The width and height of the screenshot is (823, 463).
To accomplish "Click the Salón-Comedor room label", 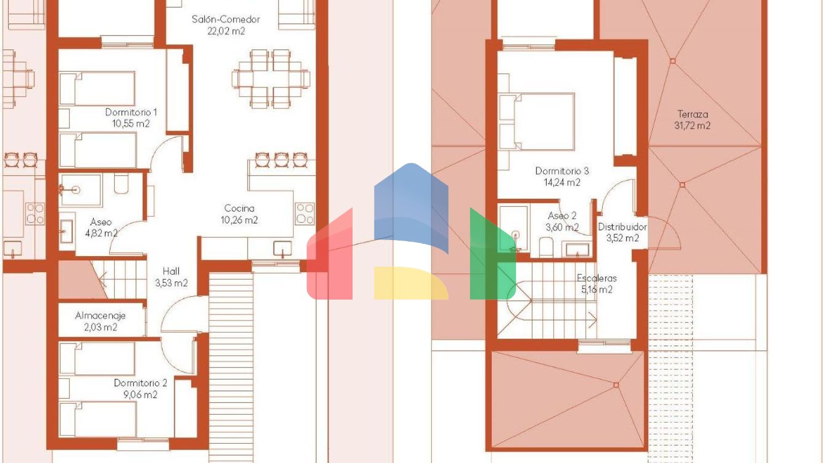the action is click(226, 19).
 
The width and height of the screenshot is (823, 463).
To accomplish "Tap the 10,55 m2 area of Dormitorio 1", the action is click(131, 123).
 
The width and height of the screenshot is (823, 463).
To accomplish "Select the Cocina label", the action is click(239, 208).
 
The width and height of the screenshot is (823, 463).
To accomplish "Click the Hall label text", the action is click(171, 271).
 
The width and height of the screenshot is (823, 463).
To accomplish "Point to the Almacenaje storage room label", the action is click(100, 316).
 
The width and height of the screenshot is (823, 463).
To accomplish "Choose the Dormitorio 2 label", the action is click(140, 383).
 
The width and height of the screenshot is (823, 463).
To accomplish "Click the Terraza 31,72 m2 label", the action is click(693, 120).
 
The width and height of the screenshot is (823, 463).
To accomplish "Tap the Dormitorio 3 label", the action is click(562, 171).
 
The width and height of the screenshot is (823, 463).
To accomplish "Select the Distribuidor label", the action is click(623, 227).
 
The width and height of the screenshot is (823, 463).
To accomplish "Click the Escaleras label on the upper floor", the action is click(597, 278).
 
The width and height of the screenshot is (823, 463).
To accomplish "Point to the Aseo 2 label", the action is click(562, 216).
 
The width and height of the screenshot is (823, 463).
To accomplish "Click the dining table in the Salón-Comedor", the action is click(271, 79).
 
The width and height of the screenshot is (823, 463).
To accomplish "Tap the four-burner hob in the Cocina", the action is click(304, 213).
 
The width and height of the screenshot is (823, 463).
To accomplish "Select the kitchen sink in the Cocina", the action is click(282, 249).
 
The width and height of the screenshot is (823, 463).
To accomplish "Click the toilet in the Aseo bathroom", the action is click(121, 184).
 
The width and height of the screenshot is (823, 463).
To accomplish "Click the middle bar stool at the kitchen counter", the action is click(281, 160).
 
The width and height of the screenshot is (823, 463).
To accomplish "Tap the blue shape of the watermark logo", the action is click(411, 208).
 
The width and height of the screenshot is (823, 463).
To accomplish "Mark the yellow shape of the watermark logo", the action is click(411, 283).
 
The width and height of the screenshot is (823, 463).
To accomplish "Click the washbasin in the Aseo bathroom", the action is click(66, 231).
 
